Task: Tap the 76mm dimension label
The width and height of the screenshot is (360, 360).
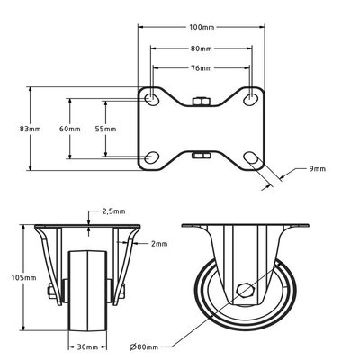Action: pos(202,67)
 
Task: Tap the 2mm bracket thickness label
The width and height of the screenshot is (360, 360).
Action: pos(158,243)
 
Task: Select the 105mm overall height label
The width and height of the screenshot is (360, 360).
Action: pos(27,279)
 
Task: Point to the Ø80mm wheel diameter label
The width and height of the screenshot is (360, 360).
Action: pos(147,346)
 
